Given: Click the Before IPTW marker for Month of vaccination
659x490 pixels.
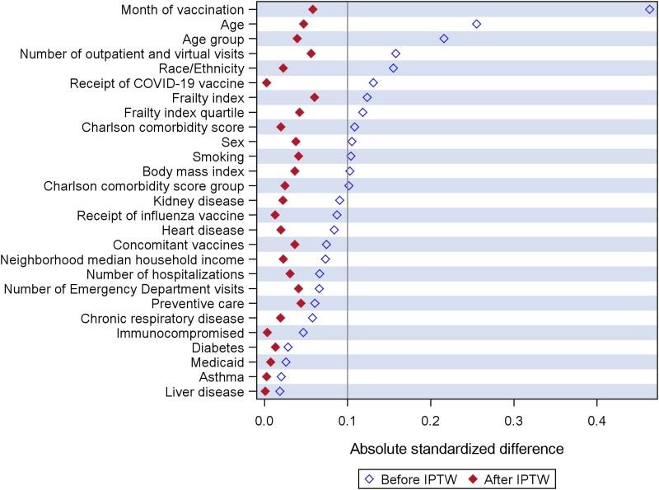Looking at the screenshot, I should [650, 9].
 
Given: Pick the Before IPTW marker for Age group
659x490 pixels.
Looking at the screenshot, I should [444, 39].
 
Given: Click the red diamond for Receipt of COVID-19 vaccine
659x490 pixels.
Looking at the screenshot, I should [266, 83].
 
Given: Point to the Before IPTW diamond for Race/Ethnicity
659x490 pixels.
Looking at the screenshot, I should [393, 68].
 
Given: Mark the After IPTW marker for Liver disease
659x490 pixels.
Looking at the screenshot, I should [264, 392].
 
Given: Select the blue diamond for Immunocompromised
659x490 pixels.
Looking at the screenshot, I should [303, 333].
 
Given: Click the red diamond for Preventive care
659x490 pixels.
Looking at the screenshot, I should [301, 303].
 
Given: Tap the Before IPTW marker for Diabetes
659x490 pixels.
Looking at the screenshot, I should [287, 348].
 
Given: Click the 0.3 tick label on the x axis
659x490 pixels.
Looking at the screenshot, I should [514, 421].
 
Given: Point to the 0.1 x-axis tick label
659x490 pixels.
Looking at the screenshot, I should [348, 421].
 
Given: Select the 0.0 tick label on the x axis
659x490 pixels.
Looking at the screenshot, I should [264, 421].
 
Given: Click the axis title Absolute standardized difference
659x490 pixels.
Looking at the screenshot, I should [456, 449].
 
